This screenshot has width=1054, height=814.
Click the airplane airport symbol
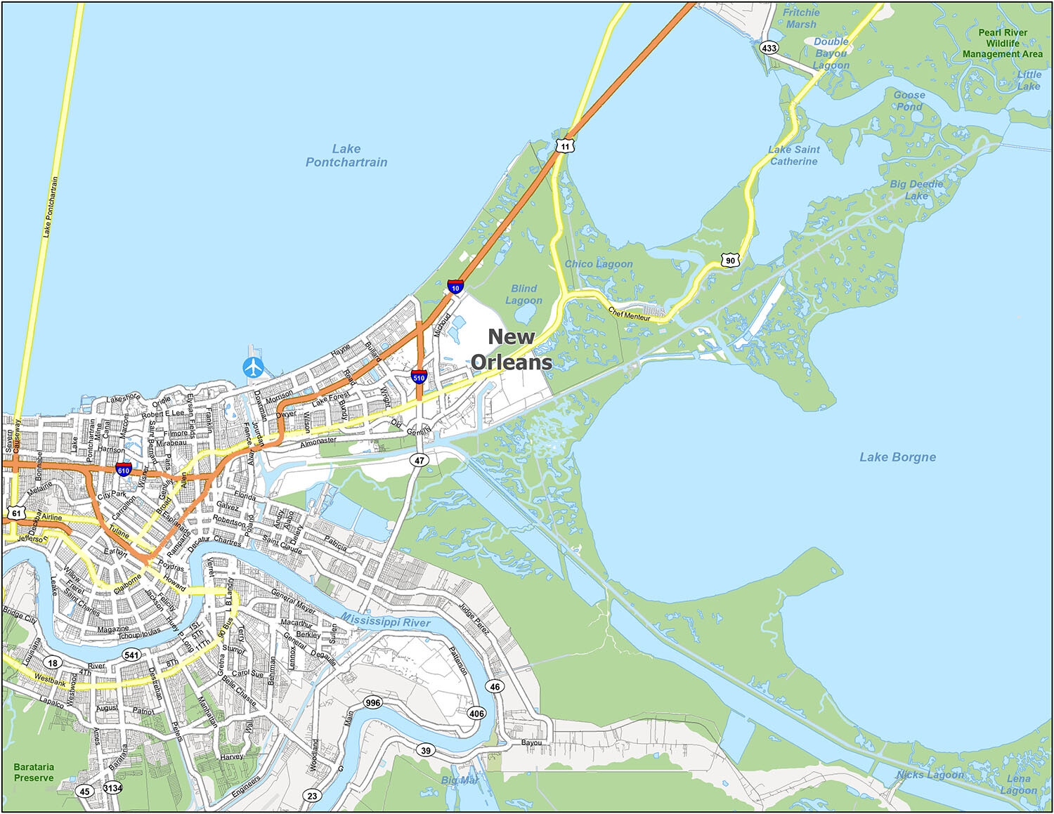click(253, 367)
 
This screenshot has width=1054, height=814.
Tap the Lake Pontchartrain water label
click(346, 155)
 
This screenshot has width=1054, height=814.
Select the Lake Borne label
click(897, 457)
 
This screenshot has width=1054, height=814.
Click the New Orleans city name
click(512, 349)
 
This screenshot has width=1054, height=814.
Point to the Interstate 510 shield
click(419, 376)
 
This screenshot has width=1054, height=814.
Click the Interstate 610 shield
click(124, 469)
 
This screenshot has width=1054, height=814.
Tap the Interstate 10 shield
click(455, 287)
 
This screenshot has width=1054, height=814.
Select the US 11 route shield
click(565, 146)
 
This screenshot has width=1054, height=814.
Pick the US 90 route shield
click(730, 260)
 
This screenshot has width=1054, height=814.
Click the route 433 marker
click(769, 48)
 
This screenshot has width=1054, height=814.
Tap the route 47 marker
click(419, 461)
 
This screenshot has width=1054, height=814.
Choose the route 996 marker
click(372, 702)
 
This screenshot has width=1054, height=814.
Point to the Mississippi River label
click(386, 621)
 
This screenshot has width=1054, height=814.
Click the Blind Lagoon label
click(523, 294)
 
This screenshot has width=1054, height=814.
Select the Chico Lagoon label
click(599, 264)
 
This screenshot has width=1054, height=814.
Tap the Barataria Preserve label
click(34, 773)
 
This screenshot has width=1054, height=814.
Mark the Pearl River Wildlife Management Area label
click(1003, 43)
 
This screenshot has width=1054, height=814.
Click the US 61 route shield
click(16, 513)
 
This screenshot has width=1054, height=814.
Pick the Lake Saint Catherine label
click(793, 155)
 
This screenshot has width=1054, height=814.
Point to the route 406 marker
click(476, 714)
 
